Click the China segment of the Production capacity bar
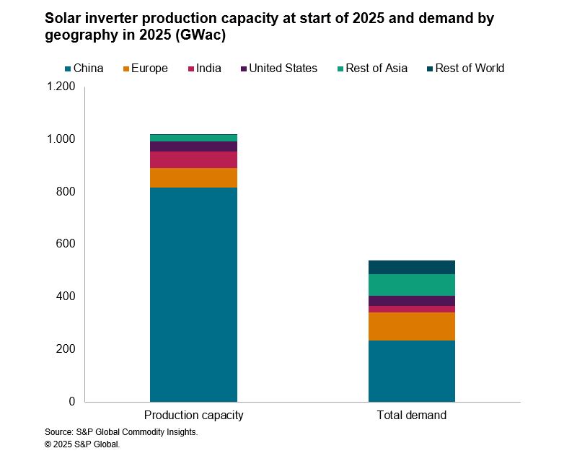point(193,294)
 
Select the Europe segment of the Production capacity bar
point(193,177)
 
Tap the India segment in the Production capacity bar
point(193,159)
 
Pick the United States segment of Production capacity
point(193,146)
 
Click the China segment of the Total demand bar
point(411,371)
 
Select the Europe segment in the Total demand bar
point(411,326)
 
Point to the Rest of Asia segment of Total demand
point(411,285)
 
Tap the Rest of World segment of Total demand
point(411,267)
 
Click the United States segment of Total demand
point(411,301)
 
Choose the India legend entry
point(204,69)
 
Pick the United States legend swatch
point(244,69)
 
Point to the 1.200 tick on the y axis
point(61,87)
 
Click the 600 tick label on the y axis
point(66,244)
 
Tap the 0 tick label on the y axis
point(71,401)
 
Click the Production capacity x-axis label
point(193,416)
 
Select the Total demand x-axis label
point(411,416)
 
